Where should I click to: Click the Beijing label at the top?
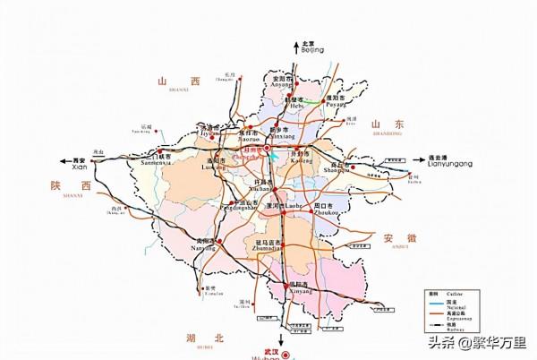coord(311,47)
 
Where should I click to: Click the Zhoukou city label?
coord(323,210)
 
